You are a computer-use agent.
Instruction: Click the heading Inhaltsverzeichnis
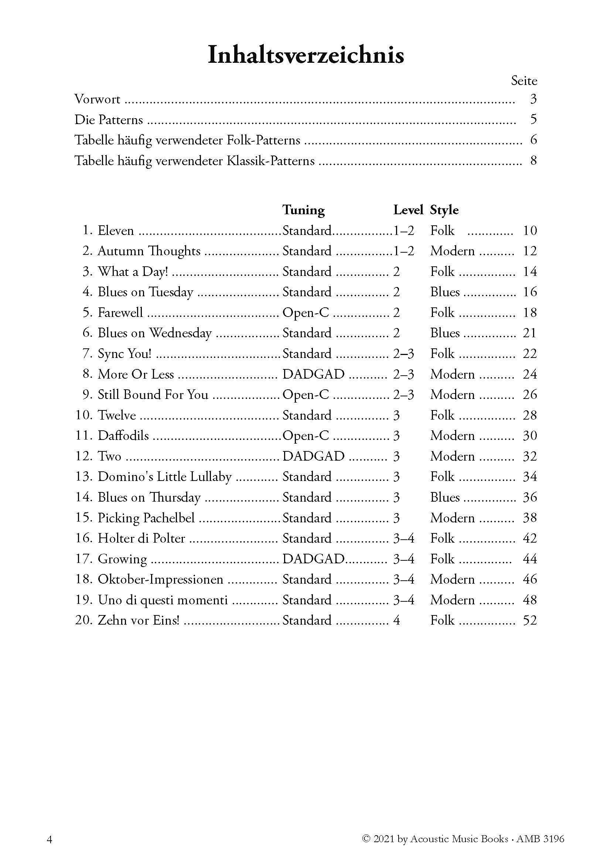pyautogui.click(x=305, y=55)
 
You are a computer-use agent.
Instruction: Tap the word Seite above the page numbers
pyautogui.click(x=524, y=81)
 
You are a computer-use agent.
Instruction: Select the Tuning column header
pyautogui.click(x=303, y=209)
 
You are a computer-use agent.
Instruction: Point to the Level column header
pyautogui.click(x=408, y=209)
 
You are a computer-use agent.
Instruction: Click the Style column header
pyautogui.click(x=444, y=209)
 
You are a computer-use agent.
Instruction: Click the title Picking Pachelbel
pyautogui.click(x=146, y=518)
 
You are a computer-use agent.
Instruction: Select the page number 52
pyautogui.click(x=530, y=620)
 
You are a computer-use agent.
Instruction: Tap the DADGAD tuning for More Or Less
pyautogui.click(x=313, y=374)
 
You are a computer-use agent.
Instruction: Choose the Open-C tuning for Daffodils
pyautogui.click(x=305, y=436)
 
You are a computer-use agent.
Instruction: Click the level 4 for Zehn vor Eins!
pyautogui.click(x=396, y=620)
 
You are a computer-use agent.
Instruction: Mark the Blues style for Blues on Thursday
pyautogui.click(x=445, y=497)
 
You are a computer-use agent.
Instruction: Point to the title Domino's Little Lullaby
pyautogui.click(x=164, y=477)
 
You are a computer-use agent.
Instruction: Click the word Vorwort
pyautogui.click(x=98, y=99)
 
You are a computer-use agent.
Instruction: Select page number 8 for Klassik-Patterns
pyautogui.click(x=533, y=161)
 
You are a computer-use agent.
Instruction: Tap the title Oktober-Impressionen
pyautogui.click(x=160, y=579)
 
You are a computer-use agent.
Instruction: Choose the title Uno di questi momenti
pyautogui.click(x=163, y=600)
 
